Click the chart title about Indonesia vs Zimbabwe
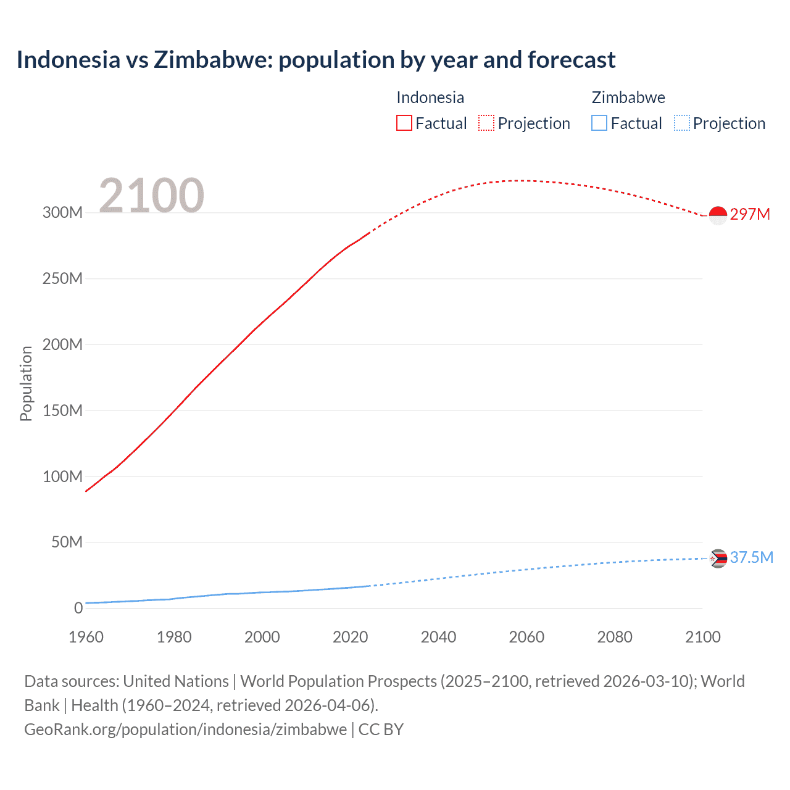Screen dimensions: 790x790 point(315,60)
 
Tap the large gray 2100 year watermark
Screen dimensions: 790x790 point(151,196)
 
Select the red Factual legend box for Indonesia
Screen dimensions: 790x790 point(404,123)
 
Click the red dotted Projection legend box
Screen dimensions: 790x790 point(486,123)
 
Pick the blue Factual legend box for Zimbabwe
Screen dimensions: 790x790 point(599,123)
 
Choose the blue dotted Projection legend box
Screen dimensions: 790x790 point(682,123)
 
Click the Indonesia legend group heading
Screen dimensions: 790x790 point(430,98)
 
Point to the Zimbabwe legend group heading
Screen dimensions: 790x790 point(628,98)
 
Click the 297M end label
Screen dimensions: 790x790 point(750,214)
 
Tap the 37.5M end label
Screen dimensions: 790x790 point(751,558)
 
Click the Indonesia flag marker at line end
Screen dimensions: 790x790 point(718,215)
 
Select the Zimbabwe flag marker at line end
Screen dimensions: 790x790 point(718,559)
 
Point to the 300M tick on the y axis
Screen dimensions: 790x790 point(62,212)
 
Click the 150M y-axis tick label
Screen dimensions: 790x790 point(62,410)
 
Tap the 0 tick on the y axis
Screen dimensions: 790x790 point(78,609)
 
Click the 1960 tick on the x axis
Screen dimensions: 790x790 point(86,637)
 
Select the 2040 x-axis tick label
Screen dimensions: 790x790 point(438,637)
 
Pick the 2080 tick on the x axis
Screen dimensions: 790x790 point(615,637)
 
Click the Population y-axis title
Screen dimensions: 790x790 point(26,383)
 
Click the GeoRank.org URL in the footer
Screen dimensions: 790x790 point(185,730)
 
